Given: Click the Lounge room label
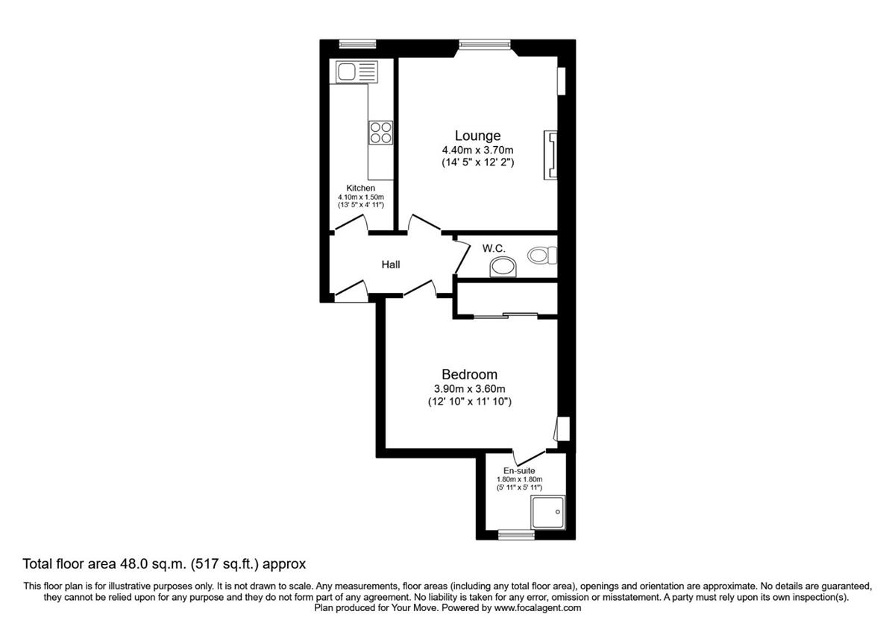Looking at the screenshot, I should [477, 136].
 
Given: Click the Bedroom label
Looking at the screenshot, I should [469, 374].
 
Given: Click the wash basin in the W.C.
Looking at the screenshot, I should [503, 267].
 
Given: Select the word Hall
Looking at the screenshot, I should [390, 265].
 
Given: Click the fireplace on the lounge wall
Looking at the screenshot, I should [551, 155].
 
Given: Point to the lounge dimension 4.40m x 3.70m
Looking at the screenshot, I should [477, 150].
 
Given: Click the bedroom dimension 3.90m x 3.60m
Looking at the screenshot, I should [469, 388].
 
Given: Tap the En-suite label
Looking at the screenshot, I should [519, 470].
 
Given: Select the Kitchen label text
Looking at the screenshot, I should [360, 188].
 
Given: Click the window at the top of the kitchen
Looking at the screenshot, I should [356, 43].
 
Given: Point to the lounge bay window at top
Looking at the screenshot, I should [485, 45].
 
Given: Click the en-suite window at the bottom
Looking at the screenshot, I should [515, 534].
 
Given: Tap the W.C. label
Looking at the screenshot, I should [496, 247].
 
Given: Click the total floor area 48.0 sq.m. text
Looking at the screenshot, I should [164, 564].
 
